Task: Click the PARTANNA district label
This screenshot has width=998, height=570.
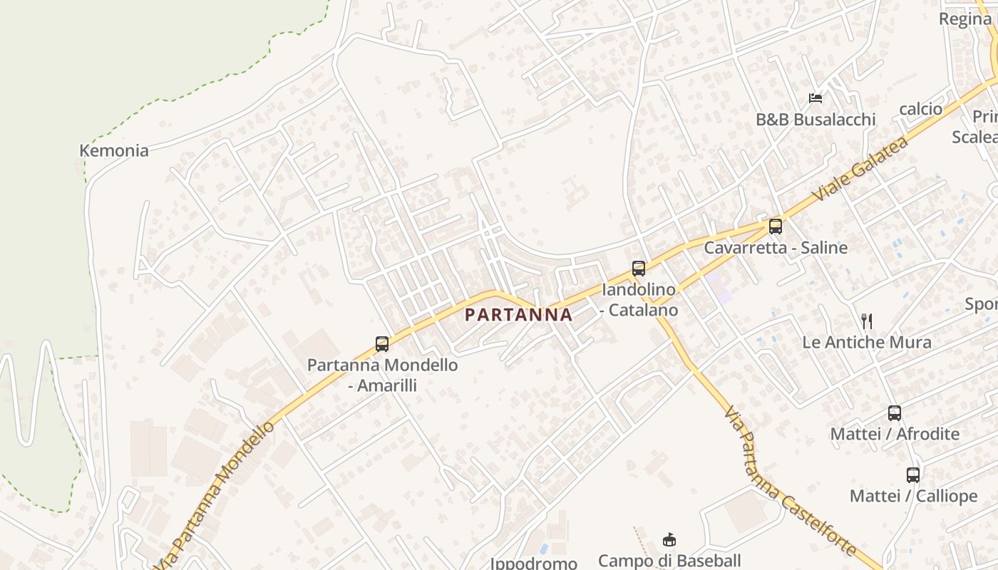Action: [518, 314]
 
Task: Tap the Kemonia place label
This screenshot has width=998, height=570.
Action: [114, 150]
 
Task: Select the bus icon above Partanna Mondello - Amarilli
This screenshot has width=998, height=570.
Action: [382, 344]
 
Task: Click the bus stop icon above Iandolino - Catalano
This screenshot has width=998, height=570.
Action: [639, 269]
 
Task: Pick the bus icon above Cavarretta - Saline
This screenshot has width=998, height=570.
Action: [775, 227]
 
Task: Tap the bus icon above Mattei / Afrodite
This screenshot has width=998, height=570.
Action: [895, 413]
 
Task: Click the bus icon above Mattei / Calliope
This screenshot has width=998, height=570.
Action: [913, 475]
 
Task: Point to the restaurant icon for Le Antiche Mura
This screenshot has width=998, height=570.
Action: [867, 321]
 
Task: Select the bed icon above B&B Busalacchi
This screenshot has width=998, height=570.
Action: [816, 98]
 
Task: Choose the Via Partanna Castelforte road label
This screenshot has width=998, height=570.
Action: [788, 481]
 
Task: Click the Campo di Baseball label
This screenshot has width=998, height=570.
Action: [669, 561]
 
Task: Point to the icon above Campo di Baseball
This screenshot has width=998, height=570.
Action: [669, 539]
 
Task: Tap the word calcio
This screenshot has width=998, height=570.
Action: [920, 109]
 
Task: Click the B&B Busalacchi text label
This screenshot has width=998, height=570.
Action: [816, 119]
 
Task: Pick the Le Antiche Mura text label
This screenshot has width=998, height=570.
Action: [866, 342]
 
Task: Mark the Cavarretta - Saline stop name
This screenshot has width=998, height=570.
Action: [776, 248]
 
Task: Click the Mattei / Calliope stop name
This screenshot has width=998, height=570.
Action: [913, 496]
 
